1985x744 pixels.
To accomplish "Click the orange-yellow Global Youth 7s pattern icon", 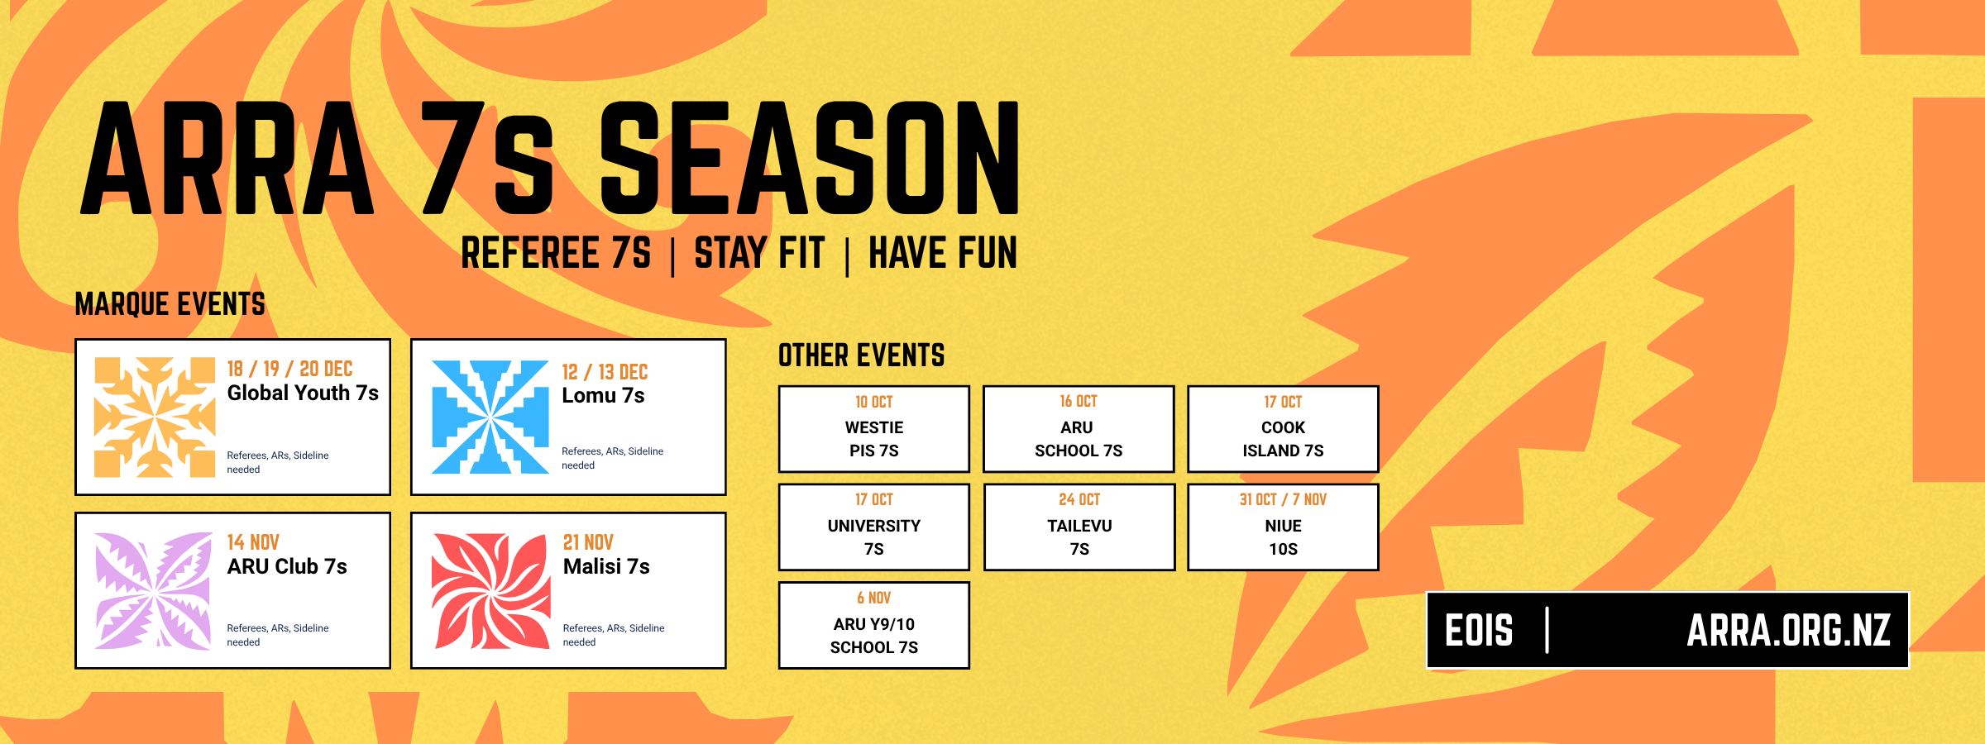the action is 155,417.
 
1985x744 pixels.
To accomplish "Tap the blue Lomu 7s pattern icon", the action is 490,417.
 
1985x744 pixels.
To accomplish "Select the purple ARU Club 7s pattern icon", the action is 154,591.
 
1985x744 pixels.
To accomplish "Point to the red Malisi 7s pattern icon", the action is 491,591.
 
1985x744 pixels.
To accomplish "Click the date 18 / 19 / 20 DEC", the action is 290,369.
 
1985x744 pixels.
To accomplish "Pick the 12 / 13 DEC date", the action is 605,372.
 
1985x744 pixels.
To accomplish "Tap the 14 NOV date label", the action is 253,542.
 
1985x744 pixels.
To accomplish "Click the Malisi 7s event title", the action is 606,566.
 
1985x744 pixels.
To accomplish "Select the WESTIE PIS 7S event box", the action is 874,429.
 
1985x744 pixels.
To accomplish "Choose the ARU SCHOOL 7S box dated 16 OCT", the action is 1079,429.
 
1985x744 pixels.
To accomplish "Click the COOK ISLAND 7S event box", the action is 1283,429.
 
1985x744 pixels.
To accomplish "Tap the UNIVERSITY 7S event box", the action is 874,527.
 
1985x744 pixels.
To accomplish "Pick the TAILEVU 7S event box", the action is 1079,527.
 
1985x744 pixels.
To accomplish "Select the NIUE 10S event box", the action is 1283,527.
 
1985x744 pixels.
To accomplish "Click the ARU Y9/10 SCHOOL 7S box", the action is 874,626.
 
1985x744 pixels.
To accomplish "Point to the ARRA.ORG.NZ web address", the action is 1789,631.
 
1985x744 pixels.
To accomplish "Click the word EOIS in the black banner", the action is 1479,631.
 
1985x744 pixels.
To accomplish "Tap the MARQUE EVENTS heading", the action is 170,304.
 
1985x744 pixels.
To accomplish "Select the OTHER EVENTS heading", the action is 862,355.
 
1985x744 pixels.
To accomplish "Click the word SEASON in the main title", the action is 810,158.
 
